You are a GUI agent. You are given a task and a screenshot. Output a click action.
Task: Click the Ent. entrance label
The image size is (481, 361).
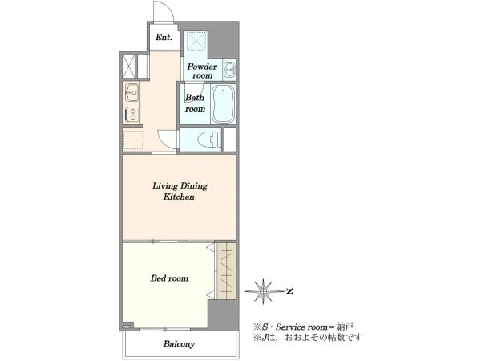164,38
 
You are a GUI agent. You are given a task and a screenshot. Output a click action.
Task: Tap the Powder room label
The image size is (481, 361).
202,71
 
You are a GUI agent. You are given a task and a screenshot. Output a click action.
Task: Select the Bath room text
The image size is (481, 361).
195,103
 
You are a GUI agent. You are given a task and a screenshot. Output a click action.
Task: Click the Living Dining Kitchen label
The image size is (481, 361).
180,191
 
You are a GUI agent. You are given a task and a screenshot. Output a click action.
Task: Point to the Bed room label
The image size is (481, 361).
169,278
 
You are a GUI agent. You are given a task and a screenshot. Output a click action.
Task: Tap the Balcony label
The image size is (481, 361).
179,344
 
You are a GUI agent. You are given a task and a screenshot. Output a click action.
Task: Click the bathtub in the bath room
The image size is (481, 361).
224,104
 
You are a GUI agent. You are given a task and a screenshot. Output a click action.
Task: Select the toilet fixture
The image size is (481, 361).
209,140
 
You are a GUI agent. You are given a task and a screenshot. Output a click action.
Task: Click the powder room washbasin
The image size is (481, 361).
228,70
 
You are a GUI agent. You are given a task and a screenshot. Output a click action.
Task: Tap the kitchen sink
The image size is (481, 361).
132,93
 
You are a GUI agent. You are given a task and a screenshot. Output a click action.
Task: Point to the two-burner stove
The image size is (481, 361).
132,115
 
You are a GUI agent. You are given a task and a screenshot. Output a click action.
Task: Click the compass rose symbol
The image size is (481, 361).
263,291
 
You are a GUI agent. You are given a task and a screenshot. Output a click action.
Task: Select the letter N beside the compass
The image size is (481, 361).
289,291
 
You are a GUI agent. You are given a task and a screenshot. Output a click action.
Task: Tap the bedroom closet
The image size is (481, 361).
226,271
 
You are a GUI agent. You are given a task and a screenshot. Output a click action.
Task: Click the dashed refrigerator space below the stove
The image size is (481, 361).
133,140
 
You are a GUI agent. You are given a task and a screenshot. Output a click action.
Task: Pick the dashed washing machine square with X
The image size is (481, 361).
196,40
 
